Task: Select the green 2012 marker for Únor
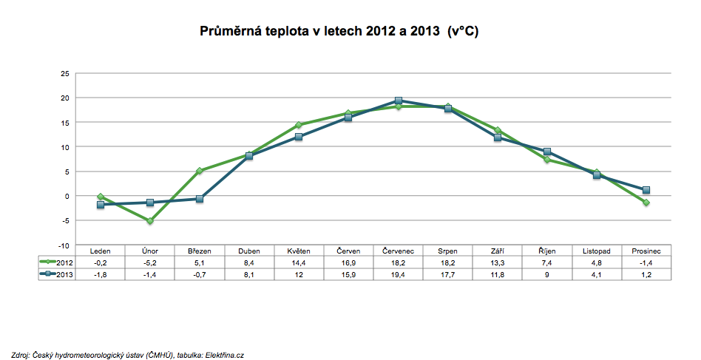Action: point(149,221)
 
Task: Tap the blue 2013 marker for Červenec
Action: point(399,101)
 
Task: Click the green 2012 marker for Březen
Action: point(199,171)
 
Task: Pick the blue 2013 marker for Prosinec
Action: point(646,190)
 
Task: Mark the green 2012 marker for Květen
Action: point(299,125)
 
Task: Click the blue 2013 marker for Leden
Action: point(100,205)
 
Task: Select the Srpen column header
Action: point(447,251)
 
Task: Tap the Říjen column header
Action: point(547,251)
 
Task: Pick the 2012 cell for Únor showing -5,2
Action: point(150,262)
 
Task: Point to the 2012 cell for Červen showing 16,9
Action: point(348,262)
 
